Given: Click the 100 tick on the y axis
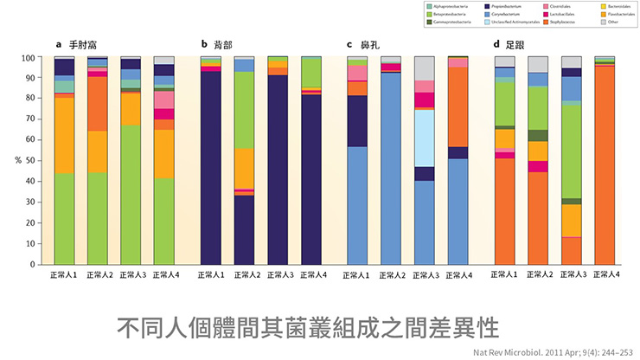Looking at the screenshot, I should point(28,58).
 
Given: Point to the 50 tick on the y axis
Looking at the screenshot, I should point(30,161).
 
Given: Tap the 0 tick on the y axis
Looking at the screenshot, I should point(33,264).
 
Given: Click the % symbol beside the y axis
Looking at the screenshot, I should point(17,161).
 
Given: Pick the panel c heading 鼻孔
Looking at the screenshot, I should point(364,43).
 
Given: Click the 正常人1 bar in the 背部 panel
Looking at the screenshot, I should point(210,164).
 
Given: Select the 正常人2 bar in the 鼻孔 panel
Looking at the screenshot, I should point(390,164).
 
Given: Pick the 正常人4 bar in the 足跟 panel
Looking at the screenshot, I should point(605,164).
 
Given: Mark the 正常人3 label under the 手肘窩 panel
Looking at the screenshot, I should point(130,275).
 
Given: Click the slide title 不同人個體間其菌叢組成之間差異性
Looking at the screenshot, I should point(309,328).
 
